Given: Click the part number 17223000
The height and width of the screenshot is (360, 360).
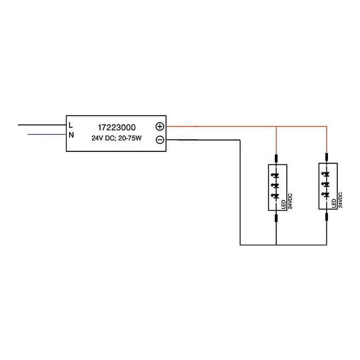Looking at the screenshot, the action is coord(117,127).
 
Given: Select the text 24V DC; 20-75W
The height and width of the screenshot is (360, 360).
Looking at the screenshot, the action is coord(117,138).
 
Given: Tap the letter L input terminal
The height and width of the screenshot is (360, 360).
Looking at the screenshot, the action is coord(71,125).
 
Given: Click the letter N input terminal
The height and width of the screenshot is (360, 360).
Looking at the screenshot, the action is coord(71,135).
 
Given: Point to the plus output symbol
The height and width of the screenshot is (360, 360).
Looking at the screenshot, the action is coord(160,126).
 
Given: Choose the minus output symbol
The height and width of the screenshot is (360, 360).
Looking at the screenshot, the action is coord(160,140).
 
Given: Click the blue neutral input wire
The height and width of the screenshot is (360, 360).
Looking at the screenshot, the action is coord(47,134).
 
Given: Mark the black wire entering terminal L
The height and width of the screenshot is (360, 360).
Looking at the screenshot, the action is coord(42,125).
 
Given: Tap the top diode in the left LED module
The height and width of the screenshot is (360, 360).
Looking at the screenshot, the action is coord(276,176).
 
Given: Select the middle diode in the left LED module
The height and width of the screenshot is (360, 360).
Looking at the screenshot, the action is coord(276,185).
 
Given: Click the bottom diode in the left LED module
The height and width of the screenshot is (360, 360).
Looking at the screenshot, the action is coord(276,196).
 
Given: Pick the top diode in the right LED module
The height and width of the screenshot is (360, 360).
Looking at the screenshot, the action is coord(326,174).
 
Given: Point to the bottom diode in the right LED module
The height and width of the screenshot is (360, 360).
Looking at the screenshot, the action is coord(326,195).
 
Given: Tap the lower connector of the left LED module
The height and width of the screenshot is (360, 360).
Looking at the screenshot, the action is coord(276,218).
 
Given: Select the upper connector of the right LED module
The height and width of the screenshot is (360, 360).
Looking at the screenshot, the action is coord(327,157).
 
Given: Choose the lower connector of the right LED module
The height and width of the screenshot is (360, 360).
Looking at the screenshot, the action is coord(327,217).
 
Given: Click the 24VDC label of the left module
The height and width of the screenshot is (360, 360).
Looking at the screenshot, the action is coord(290,201).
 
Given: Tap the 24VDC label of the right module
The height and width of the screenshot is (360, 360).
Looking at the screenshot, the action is coord(340,200).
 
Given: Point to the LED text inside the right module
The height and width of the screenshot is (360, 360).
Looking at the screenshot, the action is coord(334,204).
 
